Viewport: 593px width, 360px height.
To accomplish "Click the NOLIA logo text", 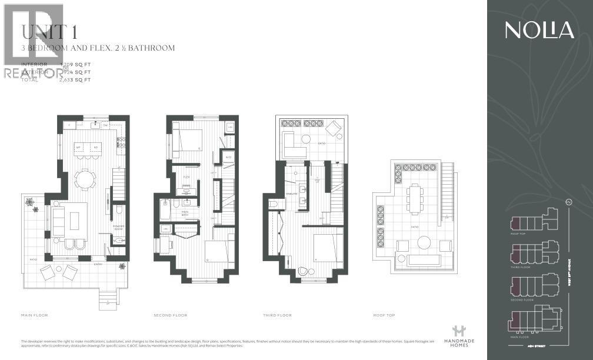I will [539, 30].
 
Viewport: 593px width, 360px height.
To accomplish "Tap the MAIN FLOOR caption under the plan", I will [34, 315].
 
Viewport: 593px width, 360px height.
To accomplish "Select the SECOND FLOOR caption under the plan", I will [171, 315].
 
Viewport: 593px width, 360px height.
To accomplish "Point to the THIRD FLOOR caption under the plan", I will [277, 315].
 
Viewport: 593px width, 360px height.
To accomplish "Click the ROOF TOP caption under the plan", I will [384, 315].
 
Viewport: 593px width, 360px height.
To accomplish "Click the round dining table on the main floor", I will [86, 178].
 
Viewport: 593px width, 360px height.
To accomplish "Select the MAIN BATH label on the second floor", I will [185, 213].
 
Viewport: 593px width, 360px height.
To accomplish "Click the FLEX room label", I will [186, 176].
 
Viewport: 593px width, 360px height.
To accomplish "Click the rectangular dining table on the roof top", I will [415, 198].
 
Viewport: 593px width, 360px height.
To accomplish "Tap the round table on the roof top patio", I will [424, 242].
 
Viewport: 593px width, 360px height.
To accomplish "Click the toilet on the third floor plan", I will [273, 204].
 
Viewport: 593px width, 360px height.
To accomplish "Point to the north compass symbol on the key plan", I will [569, 203].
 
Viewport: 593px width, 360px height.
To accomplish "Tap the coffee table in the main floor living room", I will [74, 220].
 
